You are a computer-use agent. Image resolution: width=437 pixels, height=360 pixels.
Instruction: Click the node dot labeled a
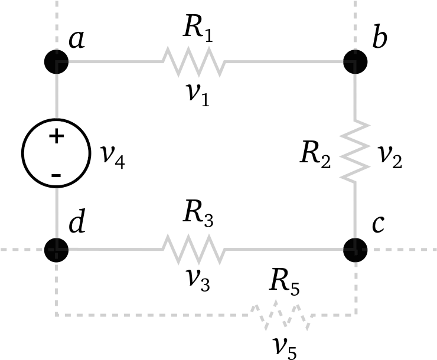click(x=56, y=62)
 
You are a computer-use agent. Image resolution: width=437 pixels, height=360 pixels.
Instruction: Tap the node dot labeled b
click(x=355, y=62)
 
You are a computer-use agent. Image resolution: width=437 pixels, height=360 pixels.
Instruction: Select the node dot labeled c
click(x=355, y=250)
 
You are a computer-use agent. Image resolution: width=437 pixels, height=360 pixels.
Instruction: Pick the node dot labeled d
click(x=56, y=250)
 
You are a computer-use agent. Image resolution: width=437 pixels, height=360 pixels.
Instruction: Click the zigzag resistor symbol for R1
click(x=194, y=61)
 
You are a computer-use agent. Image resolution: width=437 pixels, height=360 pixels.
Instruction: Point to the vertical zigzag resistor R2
click(x=355, y=151)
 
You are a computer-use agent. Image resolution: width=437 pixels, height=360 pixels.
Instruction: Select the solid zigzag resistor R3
click(x=194, y=250)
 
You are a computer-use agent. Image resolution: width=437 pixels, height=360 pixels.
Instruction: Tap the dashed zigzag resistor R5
click(x=281, y=315)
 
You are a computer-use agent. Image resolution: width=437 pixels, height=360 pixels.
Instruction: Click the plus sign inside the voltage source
click(x=57, y=136)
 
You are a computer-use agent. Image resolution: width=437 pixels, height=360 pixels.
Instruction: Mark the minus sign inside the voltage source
click(x=56, y=175)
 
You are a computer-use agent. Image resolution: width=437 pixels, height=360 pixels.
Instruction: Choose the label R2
click(x=315, y=155)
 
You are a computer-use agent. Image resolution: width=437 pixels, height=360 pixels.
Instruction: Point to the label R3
click(x=198, y=216)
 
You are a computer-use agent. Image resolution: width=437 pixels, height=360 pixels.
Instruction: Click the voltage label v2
click(x=390, y=158)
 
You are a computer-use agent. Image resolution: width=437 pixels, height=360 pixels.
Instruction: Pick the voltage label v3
click(x=198, y=281)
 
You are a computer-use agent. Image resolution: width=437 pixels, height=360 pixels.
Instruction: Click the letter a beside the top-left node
click(x=77, y=40)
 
